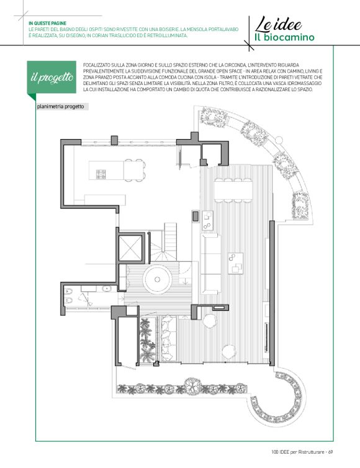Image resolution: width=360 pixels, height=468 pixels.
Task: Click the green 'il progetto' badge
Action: tap(52, 78)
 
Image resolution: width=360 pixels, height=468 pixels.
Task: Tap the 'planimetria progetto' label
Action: tap(61, 107)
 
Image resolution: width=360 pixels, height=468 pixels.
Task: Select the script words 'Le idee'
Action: tap(278, 24)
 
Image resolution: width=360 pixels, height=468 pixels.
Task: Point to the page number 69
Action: tap(330, 452)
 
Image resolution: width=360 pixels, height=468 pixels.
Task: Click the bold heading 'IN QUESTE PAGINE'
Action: tap(47, 24)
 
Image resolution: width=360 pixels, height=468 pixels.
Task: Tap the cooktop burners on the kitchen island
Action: tap(101, 174)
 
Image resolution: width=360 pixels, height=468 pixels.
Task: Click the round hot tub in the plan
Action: tap(157, 280)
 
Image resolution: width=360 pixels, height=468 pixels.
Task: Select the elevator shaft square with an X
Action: tap(130, 248)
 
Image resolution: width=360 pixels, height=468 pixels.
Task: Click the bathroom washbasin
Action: tap(106, 289)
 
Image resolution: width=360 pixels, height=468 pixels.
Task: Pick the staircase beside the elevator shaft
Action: tap(163, 245)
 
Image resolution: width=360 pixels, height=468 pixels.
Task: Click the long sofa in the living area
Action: tap(210, 264)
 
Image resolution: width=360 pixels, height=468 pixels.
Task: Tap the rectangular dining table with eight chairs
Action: tap(233, 191)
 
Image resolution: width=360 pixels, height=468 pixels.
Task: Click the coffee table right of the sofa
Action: tap(235, 263)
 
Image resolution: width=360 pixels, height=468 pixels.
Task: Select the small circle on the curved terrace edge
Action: tap(279, 140)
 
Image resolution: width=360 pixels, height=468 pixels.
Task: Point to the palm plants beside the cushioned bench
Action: tap(148, 340)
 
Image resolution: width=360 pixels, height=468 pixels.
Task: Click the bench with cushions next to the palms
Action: tap(169, 338)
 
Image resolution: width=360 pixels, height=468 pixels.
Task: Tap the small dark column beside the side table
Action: tap(196, 216)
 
